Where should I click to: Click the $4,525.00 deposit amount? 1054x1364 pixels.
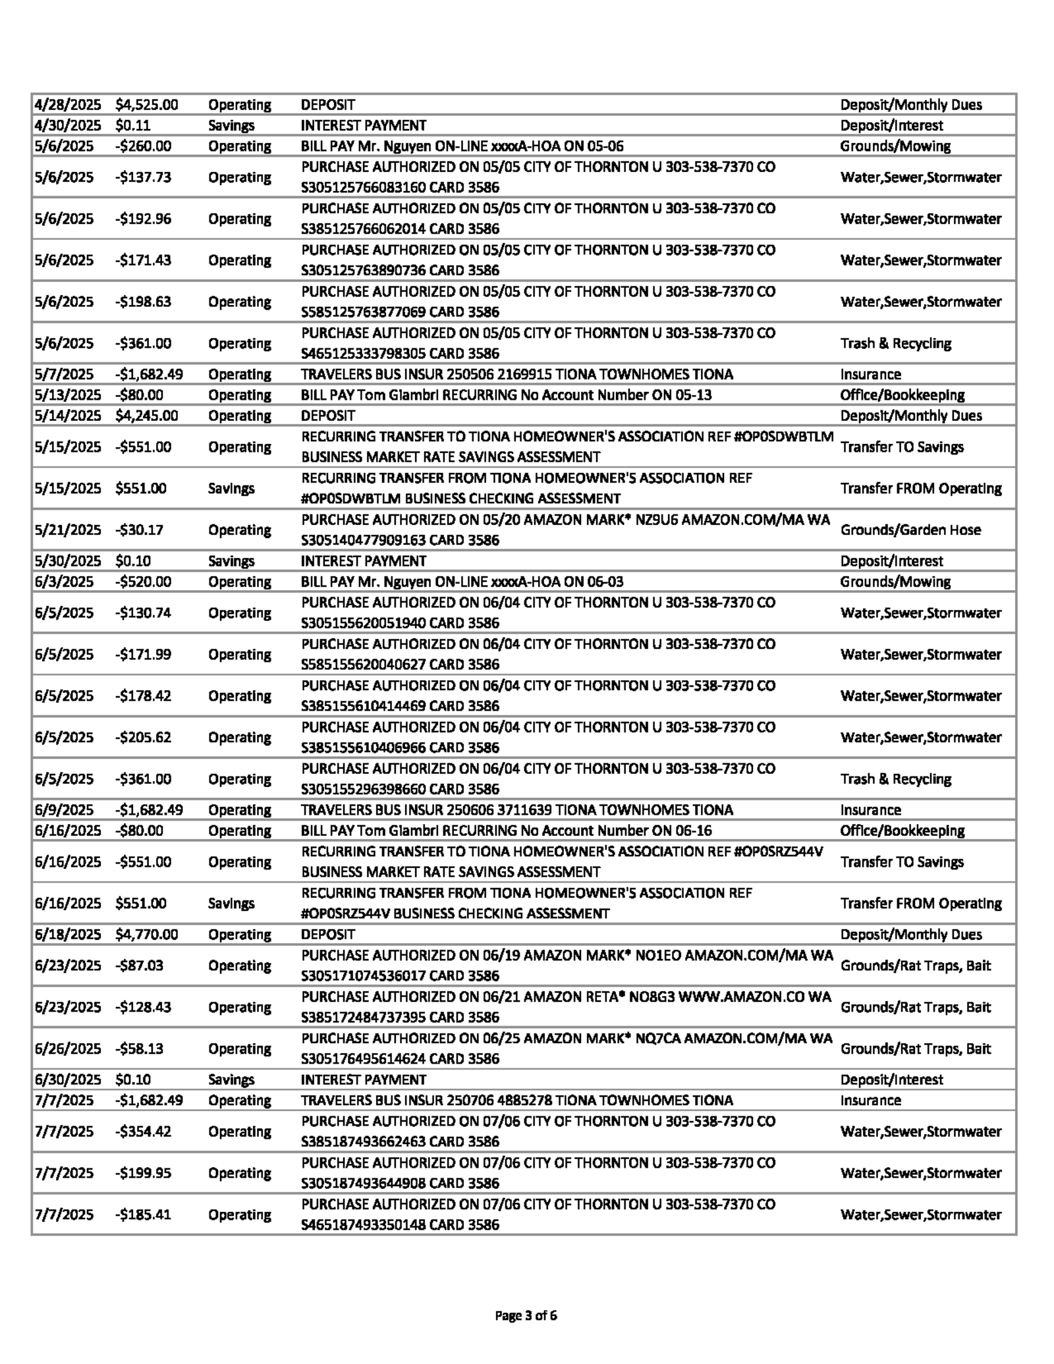[x=146, y=105]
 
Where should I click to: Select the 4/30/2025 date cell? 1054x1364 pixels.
[x=68, y=125]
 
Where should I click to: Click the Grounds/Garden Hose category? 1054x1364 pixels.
[x=910, y=530]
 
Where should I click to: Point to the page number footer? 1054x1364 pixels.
[x=526, y=1316]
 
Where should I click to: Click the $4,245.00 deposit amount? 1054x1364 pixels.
[x=146, y=416]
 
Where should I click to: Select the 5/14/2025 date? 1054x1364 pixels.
[x=68, y=416]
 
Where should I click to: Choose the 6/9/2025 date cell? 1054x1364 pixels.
[x=64, y=809]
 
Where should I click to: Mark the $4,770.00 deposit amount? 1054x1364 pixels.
[x=146, y=934]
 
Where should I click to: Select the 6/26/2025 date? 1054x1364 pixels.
[x=68, y=1049]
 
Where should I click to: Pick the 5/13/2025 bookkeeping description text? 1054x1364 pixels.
[x=506, y=395]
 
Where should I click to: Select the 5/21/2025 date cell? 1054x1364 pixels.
[x=68, y=530]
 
